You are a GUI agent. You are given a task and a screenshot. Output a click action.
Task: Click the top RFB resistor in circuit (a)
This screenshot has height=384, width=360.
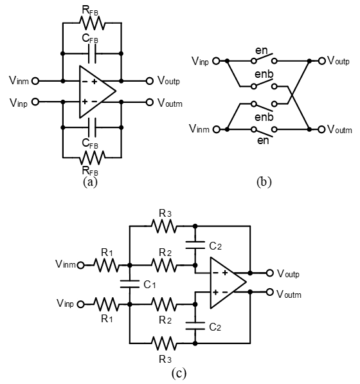(x=92, y=23)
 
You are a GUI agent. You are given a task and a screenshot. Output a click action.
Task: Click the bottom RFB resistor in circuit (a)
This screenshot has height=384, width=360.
(x=92, y=158)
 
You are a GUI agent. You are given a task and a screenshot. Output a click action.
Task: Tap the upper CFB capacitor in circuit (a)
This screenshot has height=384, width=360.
(x=92, y=53)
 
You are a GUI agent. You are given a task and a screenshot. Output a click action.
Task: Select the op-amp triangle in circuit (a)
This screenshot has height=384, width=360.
(x=98, y=91)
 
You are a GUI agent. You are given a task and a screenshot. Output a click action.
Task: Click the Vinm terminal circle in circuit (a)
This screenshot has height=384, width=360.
(x=35, y=81)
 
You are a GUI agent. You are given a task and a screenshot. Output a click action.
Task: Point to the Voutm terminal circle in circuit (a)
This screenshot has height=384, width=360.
(x=150, y=102)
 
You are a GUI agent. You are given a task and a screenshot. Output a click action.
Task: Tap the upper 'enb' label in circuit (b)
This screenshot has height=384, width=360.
(x=264, y=74)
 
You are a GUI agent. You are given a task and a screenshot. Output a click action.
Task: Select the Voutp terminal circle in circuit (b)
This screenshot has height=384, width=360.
(x=322, y=60)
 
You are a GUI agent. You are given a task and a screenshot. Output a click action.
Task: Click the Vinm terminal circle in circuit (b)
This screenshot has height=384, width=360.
(x=217, y=129)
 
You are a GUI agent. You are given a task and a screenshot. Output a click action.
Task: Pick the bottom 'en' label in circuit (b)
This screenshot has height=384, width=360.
(x=263, y=141)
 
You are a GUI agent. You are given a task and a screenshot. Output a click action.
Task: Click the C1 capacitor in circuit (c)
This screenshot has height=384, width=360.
(x=130, y=284)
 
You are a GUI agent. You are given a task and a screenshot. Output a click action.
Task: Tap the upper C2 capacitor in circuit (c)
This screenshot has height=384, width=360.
(x=195, y=245)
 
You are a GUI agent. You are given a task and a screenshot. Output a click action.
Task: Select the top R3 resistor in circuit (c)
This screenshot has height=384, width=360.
(x=163, y=226)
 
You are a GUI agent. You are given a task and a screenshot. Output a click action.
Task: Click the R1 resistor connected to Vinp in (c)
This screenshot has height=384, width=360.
(x=107, y=304)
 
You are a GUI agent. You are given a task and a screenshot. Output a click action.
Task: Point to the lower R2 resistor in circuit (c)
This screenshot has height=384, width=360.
(x=163, y=304)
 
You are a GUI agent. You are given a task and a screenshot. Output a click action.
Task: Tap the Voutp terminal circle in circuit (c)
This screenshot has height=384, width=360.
(x=269, y=273)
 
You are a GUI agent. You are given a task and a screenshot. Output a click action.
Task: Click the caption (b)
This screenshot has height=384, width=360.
(x=264, y=182)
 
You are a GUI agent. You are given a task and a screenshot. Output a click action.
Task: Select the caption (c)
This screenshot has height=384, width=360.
(x=179, y=374)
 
